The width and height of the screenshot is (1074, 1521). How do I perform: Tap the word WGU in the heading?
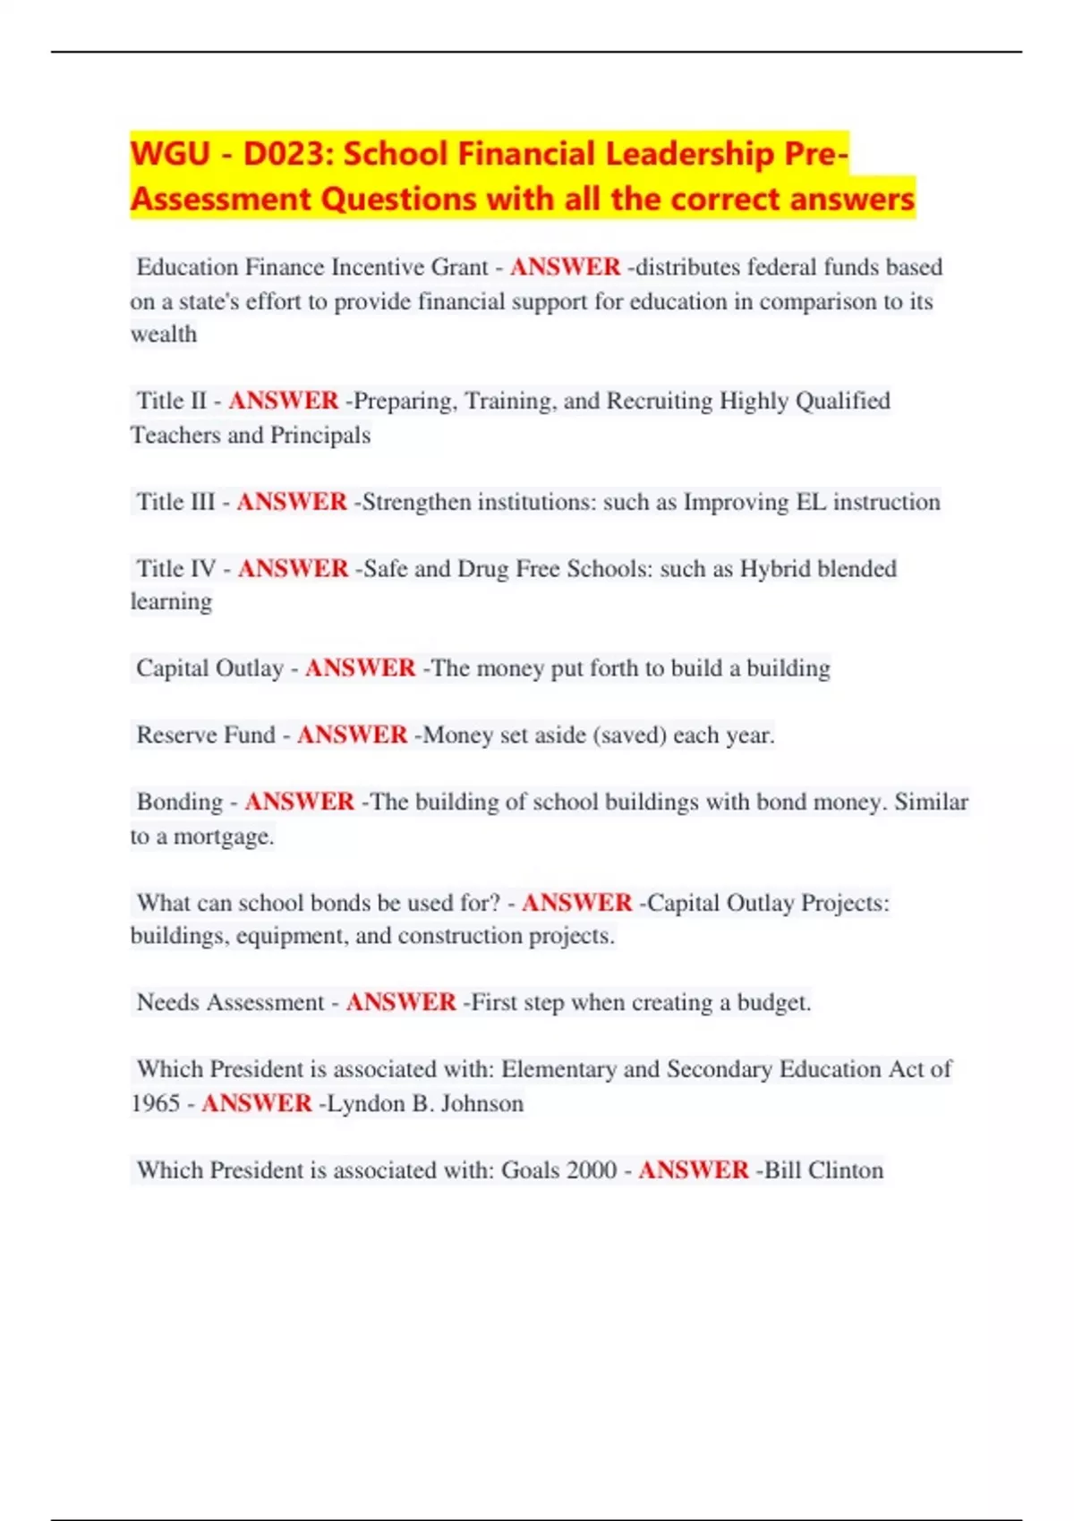tap(170, 154)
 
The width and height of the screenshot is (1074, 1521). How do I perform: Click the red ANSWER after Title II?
tap(284, 401)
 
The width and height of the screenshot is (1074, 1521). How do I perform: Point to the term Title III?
tap(175, 502)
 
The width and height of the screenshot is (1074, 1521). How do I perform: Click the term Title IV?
tap(176, 569)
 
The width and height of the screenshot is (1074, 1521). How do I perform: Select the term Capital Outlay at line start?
tap(209, 668)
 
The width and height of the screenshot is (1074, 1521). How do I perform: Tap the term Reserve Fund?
tap(206, 735)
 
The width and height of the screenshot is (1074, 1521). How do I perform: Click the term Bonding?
tap(180, 802)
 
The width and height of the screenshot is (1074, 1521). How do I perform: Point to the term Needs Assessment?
tap(230, 1002)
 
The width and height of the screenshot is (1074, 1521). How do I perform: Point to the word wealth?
tap(164, 335)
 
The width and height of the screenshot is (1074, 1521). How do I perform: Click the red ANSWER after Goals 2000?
tap(694, 1170)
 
